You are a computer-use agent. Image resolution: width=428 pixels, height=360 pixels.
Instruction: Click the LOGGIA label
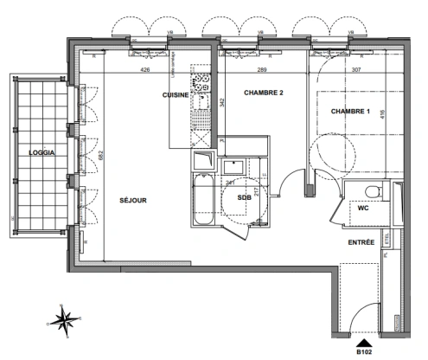click(x=42, y=152)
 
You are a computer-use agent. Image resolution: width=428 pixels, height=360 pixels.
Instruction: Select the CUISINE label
click(x=176, y=96)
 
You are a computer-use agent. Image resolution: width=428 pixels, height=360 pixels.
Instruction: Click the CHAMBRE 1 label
click(x=348, y=110)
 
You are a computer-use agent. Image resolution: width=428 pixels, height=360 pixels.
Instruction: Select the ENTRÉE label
click(x=361, y=243)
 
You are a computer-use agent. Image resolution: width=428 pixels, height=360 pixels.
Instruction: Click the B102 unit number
click(x=361, y=351)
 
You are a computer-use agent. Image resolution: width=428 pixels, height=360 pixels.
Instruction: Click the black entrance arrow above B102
click(x=361, y=340)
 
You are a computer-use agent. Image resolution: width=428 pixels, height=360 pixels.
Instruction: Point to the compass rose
click(x=64, y=319)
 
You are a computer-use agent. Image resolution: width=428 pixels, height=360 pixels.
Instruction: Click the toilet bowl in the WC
click(x=370, y=192)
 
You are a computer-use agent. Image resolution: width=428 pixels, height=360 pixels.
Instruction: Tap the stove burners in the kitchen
click(x=202, y=85)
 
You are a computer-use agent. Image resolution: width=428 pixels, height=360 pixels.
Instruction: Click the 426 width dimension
click(x=145, y=70)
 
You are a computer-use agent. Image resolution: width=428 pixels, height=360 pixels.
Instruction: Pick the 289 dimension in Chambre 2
click(x=261, y=70)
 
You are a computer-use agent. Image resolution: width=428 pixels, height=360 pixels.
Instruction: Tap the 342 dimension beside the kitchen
click(x=222, y=102)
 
